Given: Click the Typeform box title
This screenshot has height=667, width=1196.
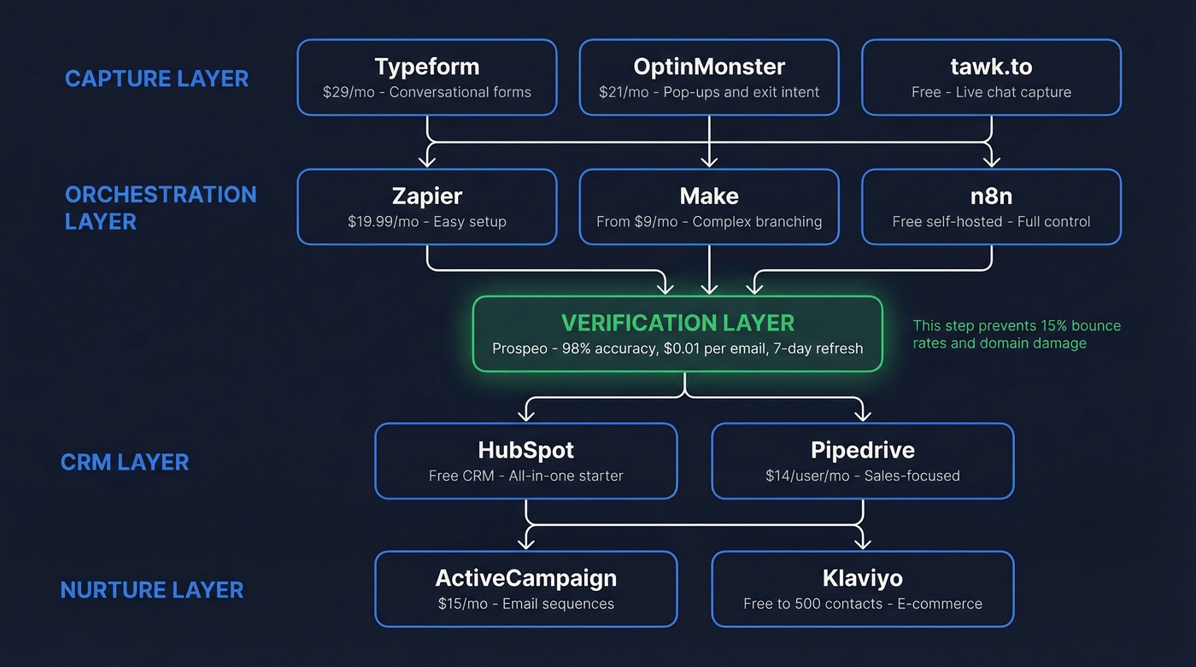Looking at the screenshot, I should tap(427, 67).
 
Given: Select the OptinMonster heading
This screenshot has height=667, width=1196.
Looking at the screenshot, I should tap(709, 67).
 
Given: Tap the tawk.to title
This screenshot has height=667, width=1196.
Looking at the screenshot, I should tap(991, 67).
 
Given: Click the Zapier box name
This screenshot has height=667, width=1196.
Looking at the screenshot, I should tap(427, 196).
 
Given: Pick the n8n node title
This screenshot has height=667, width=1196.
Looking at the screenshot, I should tap(991, 196).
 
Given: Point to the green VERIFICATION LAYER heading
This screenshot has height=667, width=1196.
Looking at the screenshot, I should tap(677, 323).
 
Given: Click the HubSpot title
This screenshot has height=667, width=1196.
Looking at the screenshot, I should tap(525, 450).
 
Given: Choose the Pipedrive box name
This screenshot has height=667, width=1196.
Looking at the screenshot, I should tap(863, 450).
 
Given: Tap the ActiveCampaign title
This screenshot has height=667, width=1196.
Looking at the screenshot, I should tap(525, 578).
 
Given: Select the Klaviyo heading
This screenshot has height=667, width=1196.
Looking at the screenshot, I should tap(863, 578).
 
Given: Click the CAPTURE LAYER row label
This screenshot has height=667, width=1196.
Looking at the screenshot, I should tap(156, 79).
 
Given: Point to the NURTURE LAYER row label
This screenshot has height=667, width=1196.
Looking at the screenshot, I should tap(152, 590).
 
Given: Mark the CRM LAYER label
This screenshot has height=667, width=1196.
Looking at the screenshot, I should tap(125, 462).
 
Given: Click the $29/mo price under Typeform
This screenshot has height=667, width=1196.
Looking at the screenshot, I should tap(349, 92).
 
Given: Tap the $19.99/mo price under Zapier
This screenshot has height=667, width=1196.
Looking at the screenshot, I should tap(382, 222).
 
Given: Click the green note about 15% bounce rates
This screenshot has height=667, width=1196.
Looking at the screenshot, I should tap(1017, 334).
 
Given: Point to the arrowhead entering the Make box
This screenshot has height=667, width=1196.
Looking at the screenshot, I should tap(709, 161).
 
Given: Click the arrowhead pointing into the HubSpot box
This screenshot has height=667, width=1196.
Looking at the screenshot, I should tap(526, 415).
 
